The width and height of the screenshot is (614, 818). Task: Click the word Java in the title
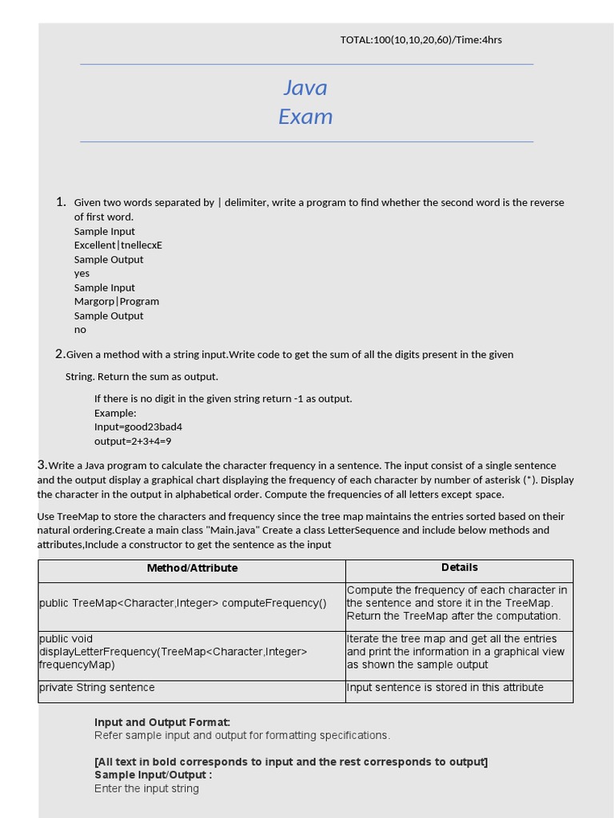coord(305,87)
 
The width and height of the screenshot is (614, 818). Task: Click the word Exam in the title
coord(305,117)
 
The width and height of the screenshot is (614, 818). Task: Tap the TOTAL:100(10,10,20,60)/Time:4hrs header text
coord(421,40)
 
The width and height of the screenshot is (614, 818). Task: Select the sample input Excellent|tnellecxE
coord(118,245)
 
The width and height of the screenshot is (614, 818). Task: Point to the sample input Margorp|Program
coord(117,301)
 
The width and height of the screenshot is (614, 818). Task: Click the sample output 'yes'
coord(82,273)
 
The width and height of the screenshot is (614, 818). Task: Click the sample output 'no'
coord(80,329)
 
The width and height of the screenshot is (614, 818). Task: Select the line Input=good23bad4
coord(138,427)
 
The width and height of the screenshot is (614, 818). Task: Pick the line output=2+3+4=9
coord(133,441)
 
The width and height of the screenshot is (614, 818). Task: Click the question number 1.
coord(61,202)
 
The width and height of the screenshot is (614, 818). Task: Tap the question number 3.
coord(42,465)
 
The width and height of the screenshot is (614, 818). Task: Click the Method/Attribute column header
coord(192,568)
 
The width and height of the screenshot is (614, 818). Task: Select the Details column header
coord(459,567)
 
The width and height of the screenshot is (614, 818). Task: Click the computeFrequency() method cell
coord(183,603)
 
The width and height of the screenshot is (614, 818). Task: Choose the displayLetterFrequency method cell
coord(173,652)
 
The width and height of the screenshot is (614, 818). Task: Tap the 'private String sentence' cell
coord(97,688)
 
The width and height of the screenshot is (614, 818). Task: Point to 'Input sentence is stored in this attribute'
coord(445,688)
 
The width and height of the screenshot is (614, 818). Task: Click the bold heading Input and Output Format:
coord(162,722)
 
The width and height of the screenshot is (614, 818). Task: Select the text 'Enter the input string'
coord(146,788)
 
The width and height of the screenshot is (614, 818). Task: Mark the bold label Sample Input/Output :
coord(153,775)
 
